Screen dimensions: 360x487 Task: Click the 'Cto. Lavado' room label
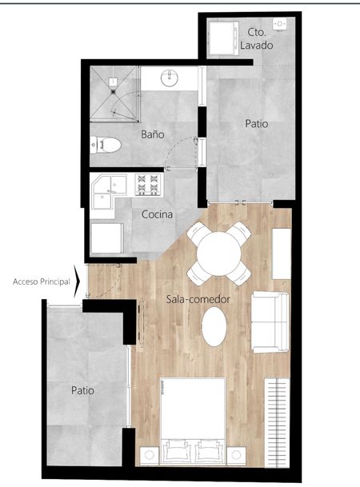coord(256,39)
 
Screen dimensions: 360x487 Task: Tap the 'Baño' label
coord(153,134)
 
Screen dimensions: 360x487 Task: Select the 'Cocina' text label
coord(157,214)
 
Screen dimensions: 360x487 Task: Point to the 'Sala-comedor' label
coord(198,299)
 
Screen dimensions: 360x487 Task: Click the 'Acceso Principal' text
coord(42,281)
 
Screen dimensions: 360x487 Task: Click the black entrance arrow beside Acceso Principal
coord(77,281)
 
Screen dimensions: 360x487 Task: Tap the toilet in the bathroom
coord(106,145)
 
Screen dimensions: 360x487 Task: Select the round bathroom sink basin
coord(170,78)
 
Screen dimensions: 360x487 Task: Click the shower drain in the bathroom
coord(113,92)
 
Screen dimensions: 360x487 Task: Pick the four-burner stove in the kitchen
coord(148,185)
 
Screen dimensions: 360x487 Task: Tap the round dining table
coord(219,253)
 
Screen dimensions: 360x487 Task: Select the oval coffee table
coord(214,326)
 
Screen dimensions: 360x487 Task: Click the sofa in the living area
coord(270,322)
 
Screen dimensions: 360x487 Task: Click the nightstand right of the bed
coord(236,456)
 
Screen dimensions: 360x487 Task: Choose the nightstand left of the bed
coord(150,456)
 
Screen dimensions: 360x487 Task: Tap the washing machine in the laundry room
coord(223,38)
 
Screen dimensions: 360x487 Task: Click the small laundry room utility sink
coord(280,24)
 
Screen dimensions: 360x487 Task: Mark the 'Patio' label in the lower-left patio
coord(82,390)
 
